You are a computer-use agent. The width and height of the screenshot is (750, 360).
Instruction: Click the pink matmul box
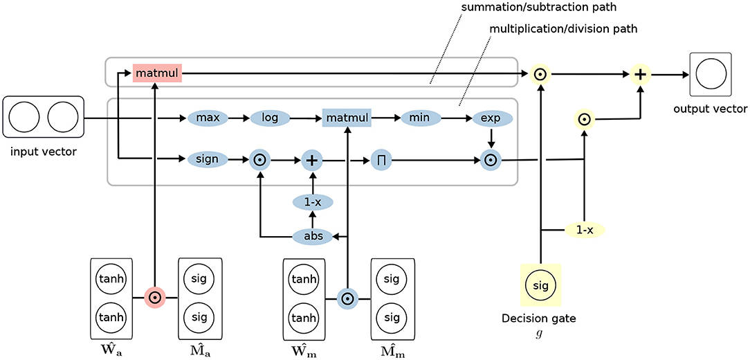pos(157,73)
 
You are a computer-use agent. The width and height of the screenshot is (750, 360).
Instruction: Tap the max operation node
pos(207,118)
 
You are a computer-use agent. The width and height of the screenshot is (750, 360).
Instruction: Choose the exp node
pos(491,118)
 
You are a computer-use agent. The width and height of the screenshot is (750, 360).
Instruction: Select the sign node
pos(207,159)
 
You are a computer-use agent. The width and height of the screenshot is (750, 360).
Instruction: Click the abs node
pos(312,235)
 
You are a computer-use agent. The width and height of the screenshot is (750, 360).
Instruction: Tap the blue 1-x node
pos(312,203)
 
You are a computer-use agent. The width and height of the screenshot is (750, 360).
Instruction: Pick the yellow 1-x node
pos(585,231)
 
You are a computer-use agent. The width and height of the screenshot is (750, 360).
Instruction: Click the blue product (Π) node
pos(381,160)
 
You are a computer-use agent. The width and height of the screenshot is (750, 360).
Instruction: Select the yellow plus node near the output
pos(639,73)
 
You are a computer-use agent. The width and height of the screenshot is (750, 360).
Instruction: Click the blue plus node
pos(312,160)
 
